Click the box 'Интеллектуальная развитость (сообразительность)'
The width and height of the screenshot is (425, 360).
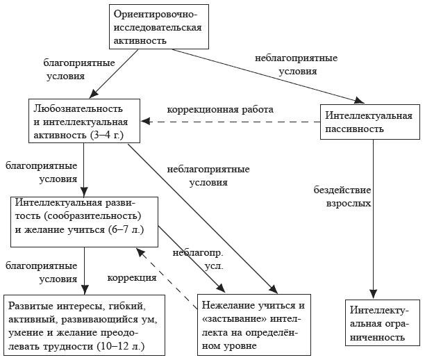(84, 221)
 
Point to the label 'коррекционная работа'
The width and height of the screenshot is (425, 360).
(220, 110)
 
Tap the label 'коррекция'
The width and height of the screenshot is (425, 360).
(131, 278)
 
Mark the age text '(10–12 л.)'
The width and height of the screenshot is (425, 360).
(127, 345)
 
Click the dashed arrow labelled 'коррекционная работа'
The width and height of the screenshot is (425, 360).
(229, 121)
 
